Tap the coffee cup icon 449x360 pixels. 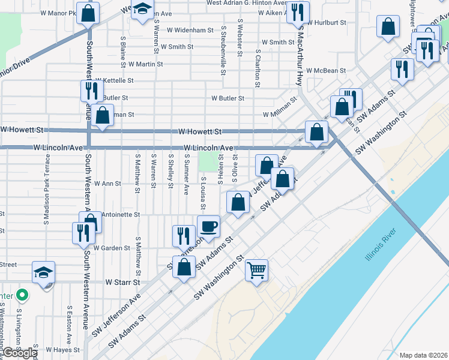click(x=208, y=226)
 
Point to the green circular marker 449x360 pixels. click(x=22, y=295)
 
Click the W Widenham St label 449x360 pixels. click(x=190, y=30)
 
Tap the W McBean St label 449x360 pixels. click(x=326, y=70)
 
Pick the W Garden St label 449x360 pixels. click(x=111, y=248)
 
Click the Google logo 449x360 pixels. click(x=19, y=353)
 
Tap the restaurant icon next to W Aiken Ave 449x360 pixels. click(x=298, y=11)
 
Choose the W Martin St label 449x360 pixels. click(x=142, y=64)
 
